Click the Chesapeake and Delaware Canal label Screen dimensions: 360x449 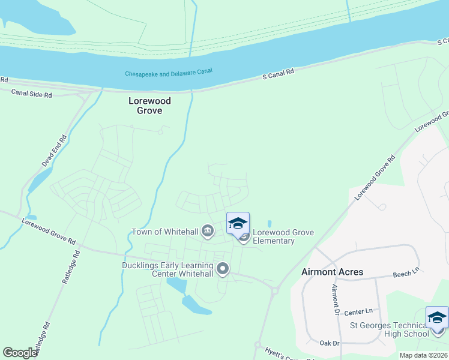point(169,73)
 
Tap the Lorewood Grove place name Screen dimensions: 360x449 point(150,106)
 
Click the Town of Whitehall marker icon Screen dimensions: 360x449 point(208,230)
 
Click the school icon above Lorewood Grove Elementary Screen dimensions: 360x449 point(238,223)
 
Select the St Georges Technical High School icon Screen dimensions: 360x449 point(436,317)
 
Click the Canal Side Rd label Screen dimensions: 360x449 point(31,94)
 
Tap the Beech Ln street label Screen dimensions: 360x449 point(405,274)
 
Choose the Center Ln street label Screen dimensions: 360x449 point(359,311)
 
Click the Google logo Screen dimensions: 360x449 point(20,353)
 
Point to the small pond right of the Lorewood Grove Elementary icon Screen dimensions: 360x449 point(269,224)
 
